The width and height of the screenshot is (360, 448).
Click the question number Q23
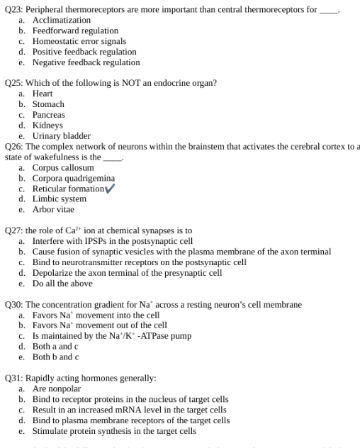[x=13, y=9]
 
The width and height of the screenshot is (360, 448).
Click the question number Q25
[x=13, y=83]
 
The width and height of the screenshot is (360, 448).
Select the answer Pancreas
[x=48, y=115]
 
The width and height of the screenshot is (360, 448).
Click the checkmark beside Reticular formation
[x=109, y=189]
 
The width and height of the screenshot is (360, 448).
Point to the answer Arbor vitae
[x=53, y=210]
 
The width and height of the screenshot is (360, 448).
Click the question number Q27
[x=13, y=231]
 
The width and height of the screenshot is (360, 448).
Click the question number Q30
[x=13, y=305]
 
